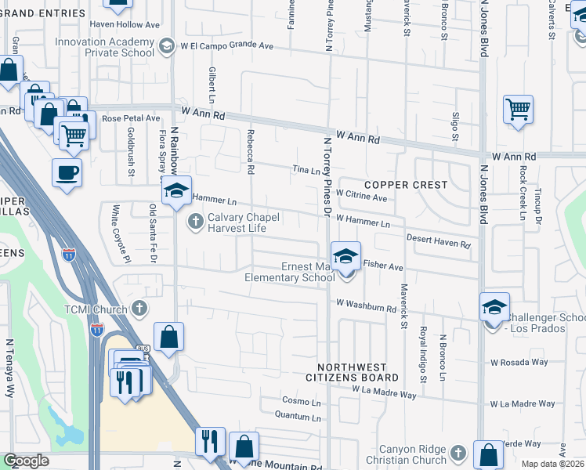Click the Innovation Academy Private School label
pos(104,47)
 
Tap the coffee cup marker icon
pos(67,172)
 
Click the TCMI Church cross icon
pos(139,309)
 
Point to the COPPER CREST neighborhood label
pos(405,185)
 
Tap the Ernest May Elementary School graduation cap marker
pos(345,255)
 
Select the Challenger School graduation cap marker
pos(494,307)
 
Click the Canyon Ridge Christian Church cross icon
pos(458,452)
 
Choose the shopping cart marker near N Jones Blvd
pos(518,110)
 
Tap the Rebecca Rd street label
pos(251,151)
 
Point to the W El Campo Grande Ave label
pos(226,46)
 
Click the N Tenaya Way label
pos(10,368)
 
